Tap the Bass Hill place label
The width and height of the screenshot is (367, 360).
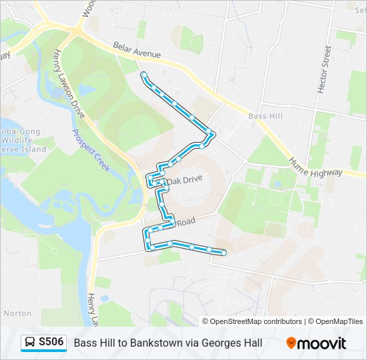(x=265, y=116)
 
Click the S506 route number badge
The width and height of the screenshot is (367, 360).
(x=51, y=343)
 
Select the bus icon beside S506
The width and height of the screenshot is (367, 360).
(x=30, y=343)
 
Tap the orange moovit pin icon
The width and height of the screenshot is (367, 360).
(x=291, y=343)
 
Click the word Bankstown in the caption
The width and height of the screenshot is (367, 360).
(x=154, y=343)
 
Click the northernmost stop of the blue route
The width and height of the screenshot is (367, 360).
(x=143, y=75)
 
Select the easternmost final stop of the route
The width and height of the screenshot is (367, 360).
(x=224, y=253)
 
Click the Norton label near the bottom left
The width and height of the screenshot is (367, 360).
(x=17, y=313)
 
